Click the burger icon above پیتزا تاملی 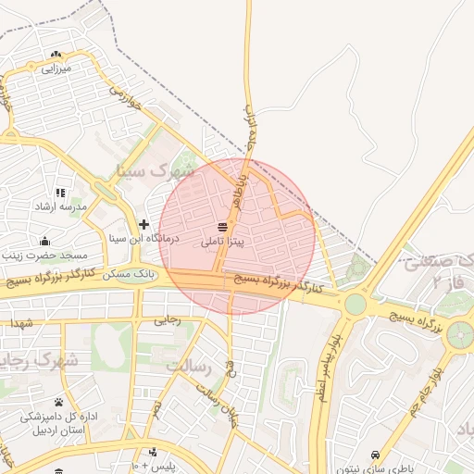(x=223, y=227)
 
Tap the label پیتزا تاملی (x=223, y=239)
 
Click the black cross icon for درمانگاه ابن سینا (x=143, y=224)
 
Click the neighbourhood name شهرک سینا (x=156, y=170)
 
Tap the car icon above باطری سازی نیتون (x=373, y=455)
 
